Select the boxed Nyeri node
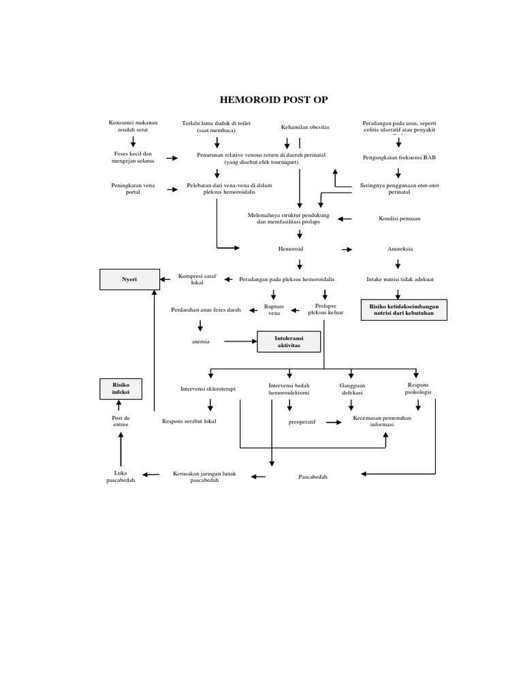pos(129,279)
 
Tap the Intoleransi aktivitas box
pos(289,341)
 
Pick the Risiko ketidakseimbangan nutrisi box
pos(405,310)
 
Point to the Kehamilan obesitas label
pos(305,127)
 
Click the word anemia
pos(201,341)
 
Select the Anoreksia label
pos(400,249)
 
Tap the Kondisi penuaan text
pos(400,218)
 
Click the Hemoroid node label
pos(291,249)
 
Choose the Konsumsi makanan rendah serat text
pos(133,126)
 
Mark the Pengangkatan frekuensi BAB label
pos(399,158)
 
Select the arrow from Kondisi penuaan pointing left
pos(345,219)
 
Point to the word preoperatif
pos(302,422)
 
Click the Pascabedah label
pos(313,477)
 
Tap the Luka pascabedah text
pos(121,476)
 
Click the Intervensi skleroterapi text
pos(208,389)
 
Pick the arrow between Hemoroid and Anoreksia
pos(347,250)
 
